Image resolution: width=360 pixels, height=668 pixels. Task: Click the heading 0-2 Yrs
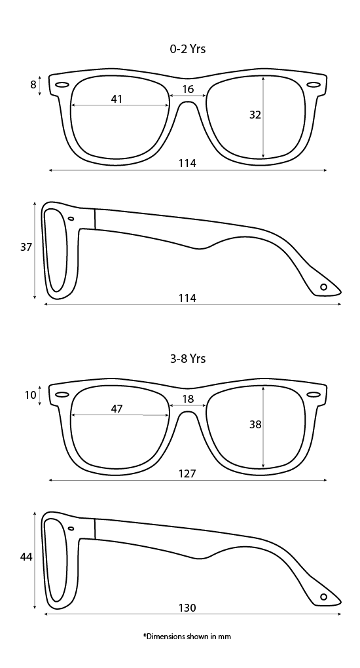(187, 49)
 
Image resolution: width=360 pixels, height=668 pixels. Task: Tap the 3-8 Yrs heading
(187, 359)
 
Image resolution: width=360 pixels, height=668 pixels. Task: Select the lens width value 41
(117, 99)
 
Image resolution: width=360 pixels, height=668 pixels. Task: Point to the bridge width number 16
(188, 89)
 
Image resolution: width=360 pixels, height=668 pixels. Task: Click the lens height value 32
(255, 115)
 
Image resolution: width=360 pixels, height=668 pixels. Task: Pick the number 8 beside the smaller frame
(33, 84)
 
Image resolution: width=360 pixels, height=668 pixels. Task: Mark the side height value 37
(26, 247)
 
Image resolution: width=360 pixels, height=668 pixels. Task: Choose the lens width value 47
(117, 409)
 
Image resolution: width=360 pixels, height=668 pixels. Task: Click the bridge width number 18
(188, 399)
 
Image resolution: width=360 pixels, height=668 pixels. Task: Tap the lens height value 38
(255, 424)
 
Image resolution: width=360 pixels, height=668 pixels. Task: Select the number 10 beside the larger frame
(31, 395)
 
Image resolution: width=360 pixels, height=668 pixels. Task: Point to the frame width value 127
(187, 473)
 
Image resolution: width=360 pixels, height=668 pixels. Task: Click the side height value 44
(26, 557)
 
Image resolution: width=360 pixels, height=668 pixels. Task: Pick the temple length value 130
(187, 608)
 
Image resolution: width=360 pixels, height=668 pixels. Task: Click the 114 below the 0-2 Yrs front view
(187, 163)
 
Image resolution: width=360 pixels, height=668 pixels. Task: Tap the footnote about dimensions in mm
(187, 637)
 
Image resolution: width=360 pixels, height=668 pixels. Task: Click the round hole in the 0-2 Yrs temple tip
(324, 287)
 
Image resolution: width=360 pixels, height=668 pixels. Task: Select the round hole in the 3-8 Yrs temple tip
(324, 597)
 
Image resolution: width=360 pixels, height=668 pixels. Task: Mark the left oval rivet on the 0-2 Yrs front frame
(62, 84)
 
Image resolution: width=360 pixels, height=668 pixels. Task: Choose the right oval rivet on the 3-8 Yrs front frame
(314, 394)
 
